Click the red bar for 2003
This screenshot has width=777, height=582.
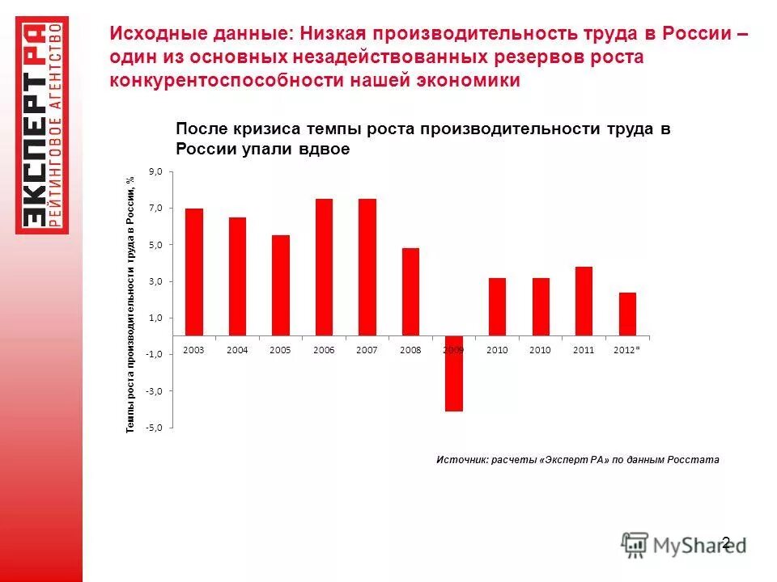(x=194, y=272)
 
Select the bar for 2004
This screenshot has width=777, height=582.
(x=237, y=276)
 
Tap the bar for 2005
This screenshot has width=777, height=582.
(x=281, y=285)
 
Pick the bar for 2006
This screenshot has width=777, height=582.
(x=324, y=267)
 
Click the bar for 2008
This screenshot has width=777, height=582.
(x=410, y=292)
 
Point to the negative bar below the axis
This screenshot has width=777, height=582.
(x=454, y=373)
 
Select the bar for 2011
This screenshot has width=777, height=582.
(x=584, y=301)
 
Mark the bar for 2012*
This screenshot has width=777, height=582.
(x=627, y=314)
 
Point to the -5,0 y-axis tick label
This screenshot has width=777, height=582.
(x=154, y=428)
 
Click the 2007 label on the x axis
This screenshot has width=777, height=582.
(x=367, y=350)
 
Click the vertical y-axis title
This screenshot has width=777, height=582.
(x=129, y=304)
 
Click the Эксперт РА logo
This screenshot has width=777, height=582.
(x=42, y=125)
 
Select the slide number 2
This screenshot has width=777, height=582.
(x=725, y=542)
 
